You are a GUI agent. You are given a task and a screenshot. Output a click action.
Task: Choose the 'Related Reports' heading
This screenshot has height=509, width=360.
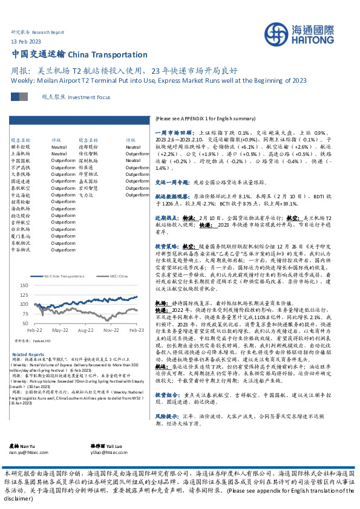coord(28,354)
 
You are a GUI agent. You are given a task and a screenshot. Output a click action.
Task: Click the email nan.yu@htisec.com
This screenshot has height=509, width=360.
coord(30,468)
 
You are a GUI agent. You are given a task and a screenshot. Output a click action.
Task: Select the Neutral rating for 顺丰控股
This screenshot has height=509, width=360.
coord(59,147)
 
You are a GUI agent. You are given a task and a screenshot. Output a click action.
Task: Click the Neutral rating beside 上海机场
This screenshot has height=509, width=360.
coord(59,154)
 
